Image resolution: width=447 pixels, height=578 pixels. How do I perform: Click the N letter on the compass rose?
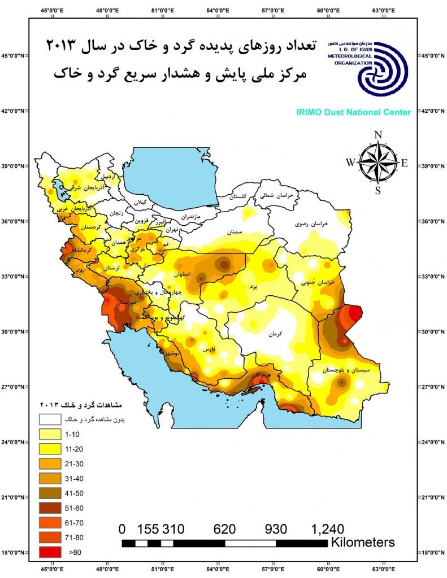[378, 135]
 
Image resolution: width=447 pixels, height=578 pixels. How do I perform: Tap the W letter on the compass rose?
[351, 163]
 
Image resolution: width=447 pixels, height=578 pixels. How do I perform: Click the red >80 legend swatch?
[50, 553]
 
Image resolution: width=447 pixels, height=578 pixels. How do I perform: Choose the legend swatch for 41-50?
[50, 493]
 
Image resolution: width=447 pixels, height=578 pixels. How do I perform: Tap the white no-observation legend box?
[50, 419]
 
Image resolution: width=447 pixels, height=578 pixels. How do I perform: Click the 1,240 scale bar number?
[327, 529]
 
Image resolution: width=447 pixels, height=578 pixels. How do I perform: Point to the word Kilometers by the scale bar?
[363, 542]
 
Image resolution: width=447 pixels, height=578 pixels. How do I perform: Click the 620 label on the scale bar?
[224, 529]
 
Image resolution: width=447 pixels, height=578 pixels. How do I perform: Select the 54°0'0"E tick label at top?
[218, 10]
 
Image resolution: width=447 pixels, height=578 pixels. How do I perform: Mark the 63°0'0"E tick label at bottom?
[383, 568]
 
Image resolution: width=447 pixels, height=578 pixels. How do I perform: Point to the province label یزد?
[254, 287]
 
